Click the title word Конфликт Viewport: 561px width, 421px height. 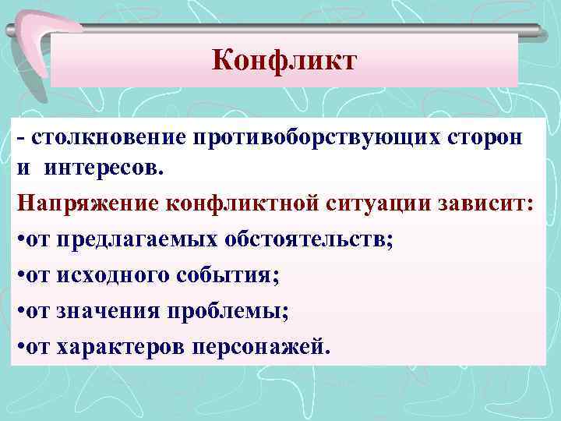pyautogui.click(x=284, y=60)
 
